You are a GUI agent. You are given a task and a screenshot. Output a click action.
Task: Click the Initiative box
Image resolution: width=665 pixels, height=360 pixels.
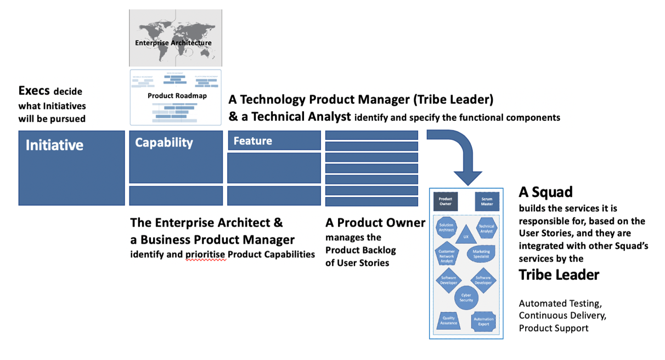71,168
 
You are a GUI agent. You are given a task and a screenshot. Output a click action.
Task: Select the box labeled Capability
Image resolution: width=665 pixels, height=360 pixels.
176,156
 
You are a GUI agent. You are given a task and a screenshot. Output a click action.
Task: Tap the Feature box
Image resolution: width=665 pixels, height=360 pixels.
274,140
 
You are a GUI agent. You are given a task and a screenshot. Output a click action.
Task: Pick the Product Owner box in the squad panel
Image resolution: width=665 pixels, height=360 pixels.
446,201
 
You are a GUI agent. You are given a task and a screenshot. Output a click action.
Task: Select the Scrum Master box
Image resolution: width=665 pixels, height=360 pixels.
487,201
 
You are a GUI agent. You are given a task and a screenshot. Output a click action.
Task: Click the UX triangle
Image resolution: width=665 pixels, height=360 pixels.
466,235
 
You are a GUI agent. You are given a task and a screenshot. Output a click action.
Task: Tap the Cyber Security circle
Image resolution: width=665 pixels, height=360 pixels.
466,297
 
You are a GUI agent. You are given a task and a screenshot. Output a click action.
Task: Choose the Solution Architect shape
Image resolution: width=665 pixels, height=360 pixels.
446,227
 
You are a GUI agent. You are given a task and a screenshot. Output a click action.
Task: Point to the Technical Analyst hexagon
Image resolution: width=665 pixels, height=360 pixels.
486,228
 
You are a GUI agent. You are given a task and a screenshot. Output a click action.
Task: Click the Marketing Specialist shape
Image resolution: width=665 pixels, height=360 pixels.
481,254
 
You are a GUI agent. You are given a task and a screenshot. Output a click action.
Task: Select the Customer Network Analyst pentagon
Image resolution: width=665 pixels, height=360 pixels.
447,256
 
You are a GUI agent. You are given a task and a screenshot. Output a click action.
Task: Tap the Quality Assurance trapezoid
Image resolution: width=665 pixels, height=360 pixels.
448,320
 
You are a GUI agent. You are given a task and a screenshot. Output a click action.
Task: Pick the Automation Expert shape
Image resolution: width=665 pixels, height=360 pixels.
483,322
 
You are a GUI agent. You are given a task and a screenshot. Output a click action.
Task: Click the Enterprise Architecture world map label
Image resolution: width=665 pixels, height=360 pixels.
173,43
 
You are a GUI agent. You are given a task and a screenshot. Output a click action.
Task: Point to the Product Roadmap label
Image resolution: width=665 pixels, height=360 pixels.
177,96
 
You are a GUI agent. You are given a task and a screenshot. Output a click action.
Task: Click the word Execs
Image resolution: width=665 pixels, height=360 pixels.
35,91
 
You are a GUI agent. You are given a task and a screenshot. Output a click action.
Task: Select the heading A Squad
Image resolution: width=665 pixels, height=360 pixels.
545,192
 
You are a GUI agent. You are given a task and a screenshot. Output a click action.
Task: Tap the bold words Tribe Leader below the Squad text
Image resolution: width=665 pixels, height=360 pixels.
559,275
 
